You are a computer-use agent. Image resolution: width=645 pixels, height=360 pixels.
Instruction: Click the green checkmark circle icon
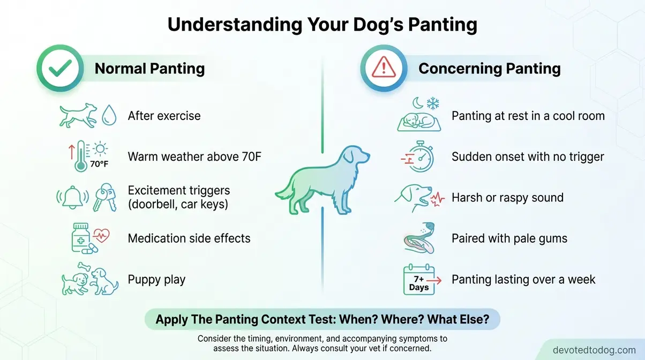(x=59, y=69)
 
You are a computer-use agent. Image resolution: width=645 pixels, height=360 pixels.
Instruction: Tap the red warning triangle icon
(x=383, y=69)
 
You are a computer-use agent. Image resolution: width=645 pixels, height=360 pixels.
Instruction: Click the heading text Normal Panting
(x=149, y=69)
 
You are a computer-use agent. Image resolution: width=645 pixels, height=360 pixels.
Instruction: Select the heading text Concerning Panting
(x=489, y=69)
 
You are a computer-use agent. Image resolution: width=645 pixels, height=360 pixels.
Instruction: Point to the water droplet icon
(x=109, y=116)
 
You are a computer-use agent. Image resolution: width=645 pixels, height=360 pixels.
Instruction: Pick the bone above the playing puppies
(x=85, y=266)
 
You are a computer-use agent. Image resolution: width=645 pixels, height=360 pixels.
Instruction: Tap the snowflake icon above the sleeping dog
(x=433, y=102)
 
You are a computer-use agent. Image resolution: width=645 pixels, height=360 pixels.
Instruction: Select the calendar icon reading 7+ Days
(x=418, y=280)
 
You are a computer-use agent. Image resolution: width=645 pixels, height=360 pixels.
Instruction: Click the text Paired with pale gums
(x=509, y=238)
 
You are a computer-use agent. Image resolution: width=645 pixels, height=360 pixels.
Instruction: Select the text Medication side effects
(x=189, y=238)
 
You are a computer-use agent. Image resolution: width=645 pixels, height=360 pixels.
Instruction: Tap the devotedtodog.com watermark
(x=594, y=350)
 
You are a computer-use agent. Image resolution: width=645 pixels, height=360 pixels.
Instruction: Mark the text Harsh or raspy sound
(x=507, y=198)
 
